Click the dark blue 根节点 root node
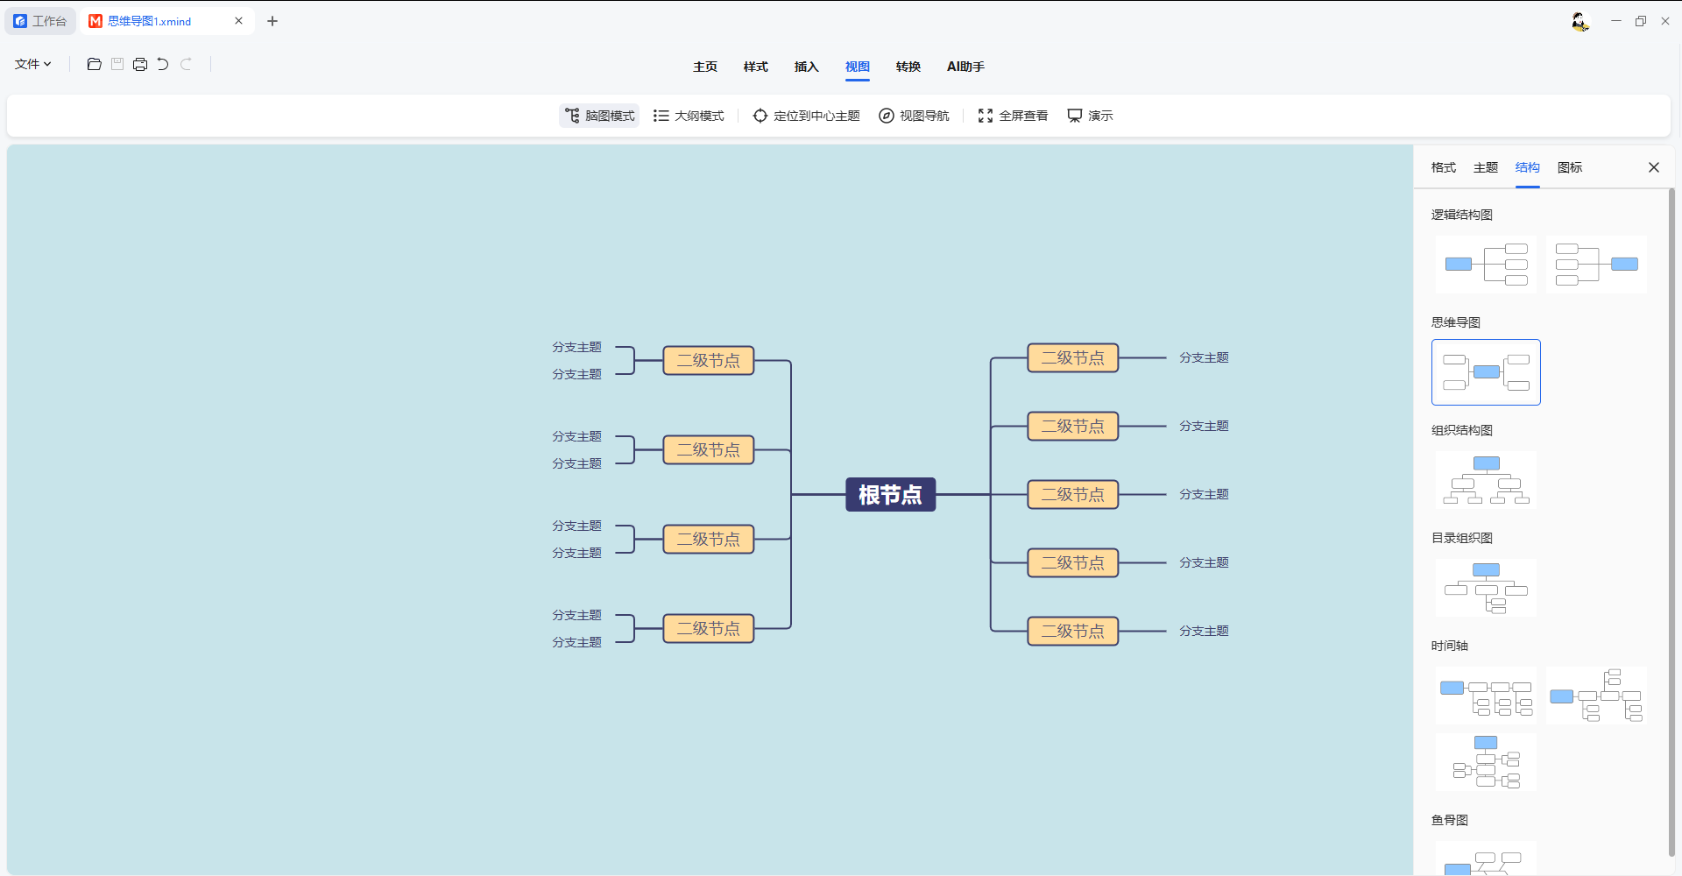[890, 495]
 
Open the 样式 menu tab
[755, 67]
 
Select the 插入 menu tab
[806, 67]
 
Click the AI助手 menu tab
[965, 67]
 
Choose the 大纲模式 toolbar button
[689, 116]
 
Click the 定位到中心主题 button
[806, 116]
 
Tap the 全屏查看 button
[1013, 116]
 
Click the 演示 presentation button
[1090, 116]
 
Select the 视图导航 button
[914, 116]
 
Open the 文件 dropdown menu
[33, 64]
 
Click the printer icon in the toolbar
[140, 64]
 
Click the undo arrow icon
[163, 64]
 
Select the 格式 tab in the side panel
[1444, 167]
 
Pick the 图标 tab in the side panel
[1570, 167]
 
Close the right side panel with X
[1654, 167]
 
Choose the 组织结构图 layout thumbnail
[1486, 480]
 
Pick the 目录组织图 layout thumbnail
[1486, 588]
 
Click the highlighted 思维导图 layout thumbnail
[1486, 372]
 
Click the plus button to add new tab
[272, 21]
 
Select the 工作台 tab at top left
[40, 21]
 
